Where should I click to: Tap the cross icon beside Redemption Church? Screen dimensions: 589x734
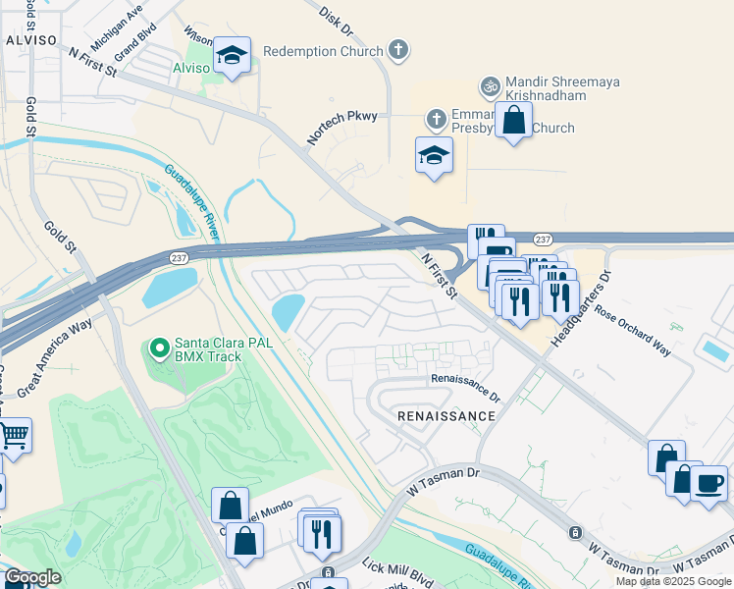[397, 49]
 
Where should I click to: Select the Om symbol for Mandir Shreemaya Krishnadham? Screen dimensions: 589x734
[490, 86]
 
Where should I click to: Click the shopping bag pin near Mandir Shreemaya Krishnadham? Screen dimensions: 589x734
[513, 122]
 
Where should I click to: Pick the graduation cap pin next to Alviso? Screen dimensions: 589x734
[232, 58]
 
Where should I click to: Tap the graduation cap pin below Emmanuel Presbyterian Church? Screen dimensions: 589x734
[434, 156]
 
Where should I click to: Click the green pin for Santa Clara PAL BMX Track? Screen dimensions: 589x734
[158, 348]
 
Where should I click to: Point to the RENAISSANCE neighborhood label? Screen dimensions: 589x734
[446, 416]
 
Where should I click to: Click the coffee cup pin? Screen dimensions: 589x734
[708, 484]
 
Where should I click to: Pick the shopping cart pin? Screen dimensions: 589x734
[14, 434]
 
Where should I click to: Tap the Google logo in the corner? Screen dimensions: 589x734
[31, 578]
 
